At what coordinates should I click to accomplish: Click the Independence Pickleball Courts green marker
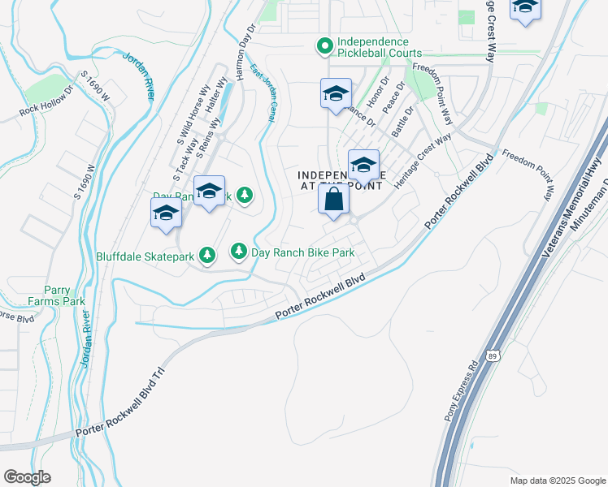click(x=324, y=47)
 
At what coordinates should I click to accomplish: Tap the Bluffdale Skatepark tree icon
click(x=207, y=256)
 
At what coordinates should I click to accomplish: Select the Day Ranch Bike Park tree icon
click(x=239, y=252)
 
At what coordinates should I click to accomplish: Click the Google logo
click(x=27, y=476)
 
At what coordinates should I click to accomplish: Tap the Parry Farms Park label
click(x=56, y=295)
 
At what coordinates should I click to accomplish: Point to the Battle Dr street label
click(x=402, y=121)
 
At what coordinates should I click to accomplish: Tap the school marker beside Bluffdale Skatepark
click(x=166, y=215)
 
